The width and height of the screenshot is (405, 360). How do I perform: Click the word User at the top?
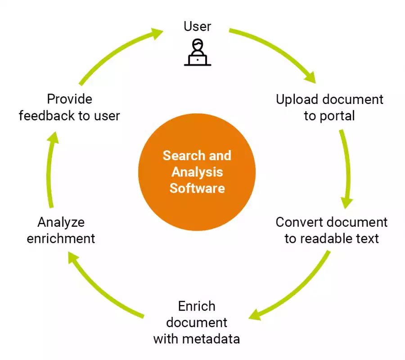[197, 26]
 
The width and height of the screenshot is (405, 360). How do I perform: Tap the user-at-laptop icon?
[197, 53]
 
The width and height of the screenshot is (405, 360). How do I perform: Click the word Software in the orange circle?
[197, 188]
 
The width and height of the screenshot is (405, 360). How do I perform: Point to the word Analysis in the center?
[197, 172]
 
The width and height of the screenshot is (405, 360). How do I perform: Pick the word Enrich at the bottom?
[197, 306]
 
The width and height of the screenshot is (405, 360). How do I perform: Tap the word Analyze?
[61, 222]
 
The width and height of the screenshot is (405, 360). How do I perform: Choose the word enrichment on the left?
[61, 238]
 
